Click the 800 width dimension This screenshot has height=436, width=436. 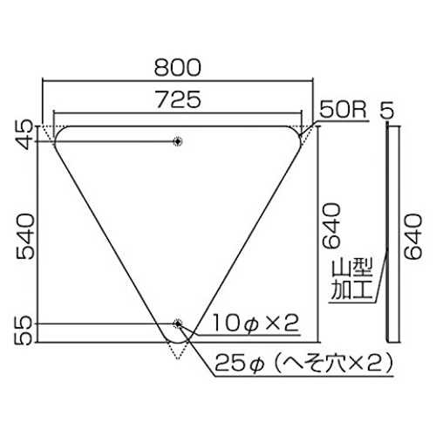[x=178, y=67]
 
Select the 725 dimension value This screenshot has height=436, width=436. [x=179, y=99]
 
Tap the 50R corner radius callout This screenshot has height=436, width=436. [x=343, y=110]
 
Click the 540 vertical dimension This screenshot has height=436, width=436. [x=25, y=236]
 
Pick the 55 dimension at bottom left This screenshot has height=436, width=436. [x=25, y=330]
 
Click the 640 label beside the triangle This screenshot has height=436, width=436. [x=331, y=226]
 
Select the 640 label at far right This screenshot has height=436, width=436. [x=413, y=236]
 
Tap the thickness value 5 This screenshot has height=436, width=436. [x=387, y=111]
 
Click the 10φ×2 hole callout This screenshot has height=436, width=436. [x=256, y=324]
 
